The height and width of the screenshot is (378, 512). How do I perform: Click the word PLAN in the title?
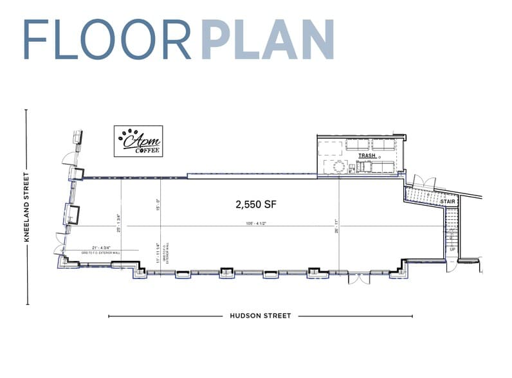pos(268,40)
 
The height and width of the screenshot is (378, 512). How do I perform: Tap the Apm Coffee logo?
pos(138,141)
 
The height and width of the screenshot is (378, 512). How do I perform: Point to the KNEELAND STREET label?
pos(26,207)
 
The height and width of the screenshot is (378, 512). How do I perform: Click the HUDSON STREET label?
pos(261,316)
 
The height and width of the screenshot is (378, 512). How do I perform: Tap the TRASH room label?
pos(367,156)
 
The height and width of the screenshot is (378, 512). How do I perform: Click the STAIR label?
pos(448,201)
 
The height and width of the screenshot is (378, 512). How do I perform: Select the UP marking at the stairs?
pos(452,249)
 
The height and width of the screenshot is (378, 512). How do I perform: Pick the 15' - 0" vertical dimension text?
pos(157,204)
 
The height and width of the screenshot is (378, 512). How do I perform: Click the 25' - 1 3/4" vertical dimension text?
pos(118,222)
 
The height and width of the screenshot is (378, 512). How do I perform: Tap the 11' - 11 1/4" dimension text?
pos(158,252)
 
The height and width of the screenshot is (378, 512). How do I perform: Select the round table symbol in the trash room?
pos(339,166)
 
